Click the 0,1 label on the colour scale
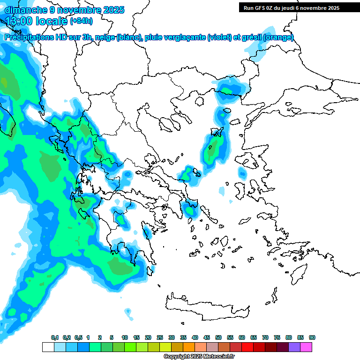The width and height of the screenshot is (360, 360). tap(55, 337)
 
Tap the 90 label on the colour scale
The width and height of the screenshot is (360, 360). tap(312, 337)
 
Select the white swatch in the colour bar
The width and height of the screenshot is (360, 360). tap(48, 347)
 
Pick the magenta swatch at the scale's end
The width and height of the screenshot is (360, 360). tap(307, 347)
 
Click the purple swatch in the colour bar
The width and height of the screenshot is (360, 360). tap(294, 347)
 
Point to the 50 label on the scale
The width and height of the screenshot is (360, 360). tap(218, 337)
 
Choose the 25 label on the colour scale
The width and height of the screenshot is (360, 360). tap(160, 337)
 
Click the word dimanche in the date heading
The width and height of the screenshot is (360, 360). tap(26, 10)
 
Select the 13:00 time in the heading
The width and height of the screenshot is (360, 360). tap(19, 21)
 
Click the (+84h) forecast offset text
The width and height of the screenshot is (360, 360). tap(81, 21)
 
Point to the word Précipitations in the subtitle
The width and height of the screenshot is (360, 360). tap(30, 37)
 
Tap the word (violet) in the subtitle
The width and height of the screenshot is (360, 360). tap(219, 37)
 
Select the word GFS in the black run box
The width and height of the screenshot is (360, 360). tap(262, 8)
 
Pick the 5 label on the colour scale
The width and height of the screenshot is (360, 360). tap(112, 337)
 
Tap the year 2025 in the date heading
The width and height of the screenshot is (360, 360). tap(112, 10)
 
